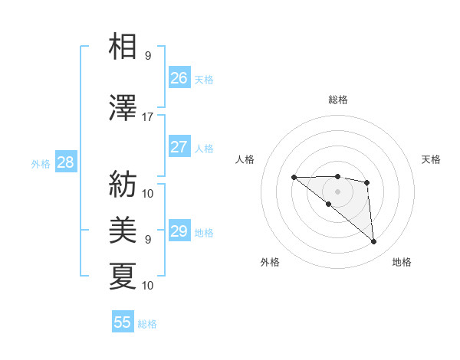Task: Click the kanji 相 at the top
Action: click(x=123, y=47)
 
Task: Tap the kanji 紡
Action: click(x=123, y=184)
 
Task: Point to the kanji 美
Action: click(x=123, y=230)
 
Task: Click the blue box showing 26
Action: click(x=179, y=77)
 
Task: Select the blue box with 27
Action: click(x=179, y=147)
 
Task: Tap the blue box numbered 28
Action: click(x=65, y=162)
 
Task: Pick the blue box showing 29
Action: click(x=179, y=231)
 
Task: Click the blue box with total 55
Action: click(x=123, y=322)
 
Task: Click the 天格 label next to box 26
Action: click(x=203, y=79)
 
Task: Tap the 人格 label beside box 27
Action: click(x=203, y=148)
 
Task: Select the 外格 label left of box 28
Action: click(x=40, y=163)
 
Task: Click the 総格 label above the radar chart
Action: click(x=337, y=100)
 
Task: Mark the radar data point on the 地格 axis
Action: click(x=374, y=242)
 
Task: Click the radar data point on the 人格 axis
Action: click(x=294, y=178)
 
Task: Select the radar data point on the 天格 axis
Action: click(x=367, y=182)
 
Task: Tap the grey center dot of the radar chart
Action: click(x=337, y=191)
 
